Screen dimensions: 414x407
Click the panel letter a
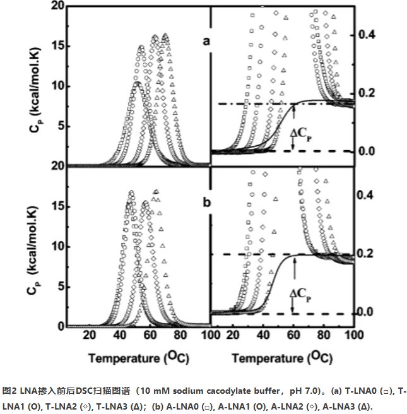pyautogui.click(x=205, y=42)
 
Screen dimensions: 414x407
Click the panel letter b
pyautogui.click(x=205, y=203)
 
